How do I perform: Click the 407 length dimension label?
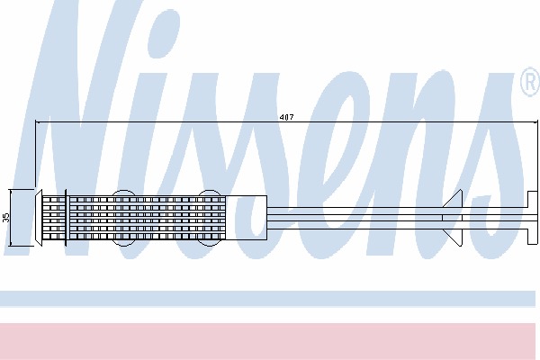[286, 117]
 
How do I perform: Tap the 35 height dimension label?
[6, 218]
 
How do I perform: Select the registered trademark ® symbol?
[530, 82]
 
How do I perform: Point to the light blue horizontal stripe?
[267, 299]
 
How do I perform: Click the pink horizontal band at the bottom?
[267, 341]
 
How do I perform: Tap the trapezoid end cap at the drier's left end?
[39, 218]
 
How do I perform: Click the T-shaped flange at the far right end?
[532, 218]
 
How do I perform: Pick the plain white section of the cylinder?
[247, 218]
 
